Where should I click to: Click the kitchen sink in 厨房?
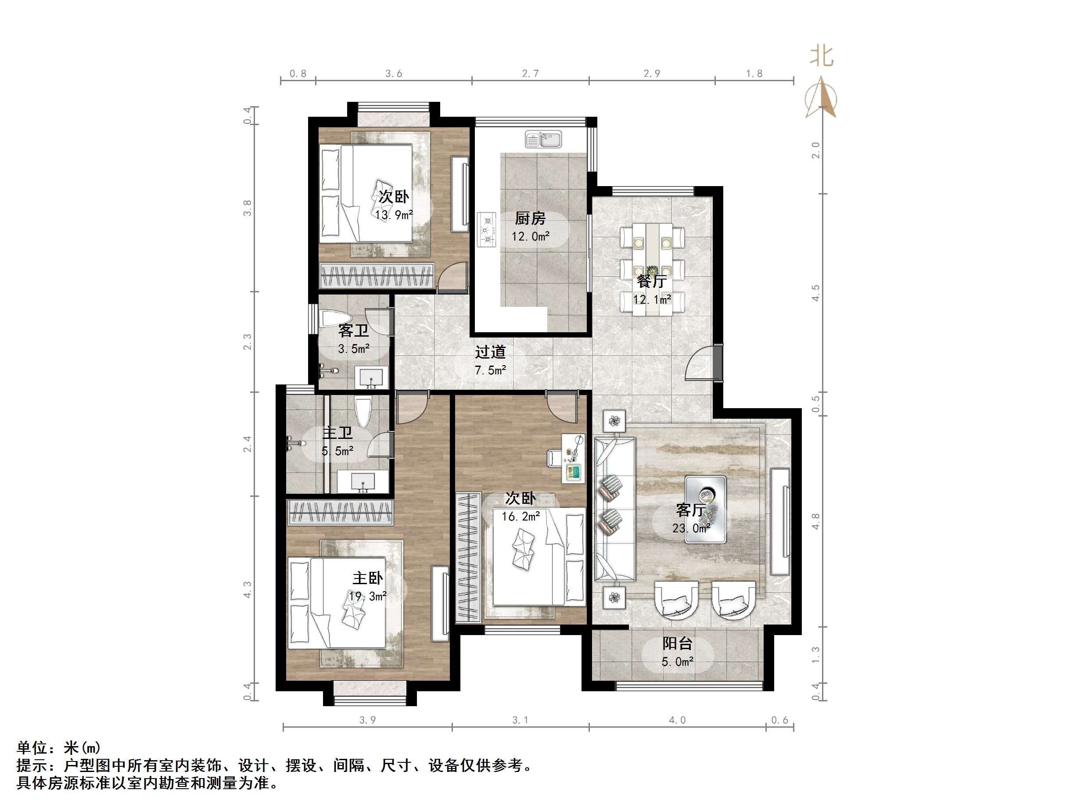point(543,139)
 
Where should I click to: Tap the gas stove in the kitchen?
point(486,229)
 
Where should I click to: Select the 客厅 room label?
point(690,510)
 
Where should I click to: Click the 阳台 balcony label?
point(677,643)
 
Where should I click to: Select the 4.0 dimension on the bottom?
point(677,720)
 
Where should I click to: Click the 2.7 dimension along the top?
point(530,74)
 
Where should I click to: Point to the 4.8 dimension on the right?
point(815,521)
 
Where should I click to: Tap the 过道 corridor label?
point(490,352)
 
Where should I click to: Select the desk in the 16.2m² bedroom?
point(574,458)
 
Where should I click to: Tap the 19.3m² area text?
point(368,596)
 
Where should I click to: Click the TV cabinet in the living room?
point(779,521)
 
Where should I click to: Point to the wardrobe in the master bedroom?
point(340,512)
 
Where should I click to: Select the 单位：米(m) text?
point(58,747)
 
